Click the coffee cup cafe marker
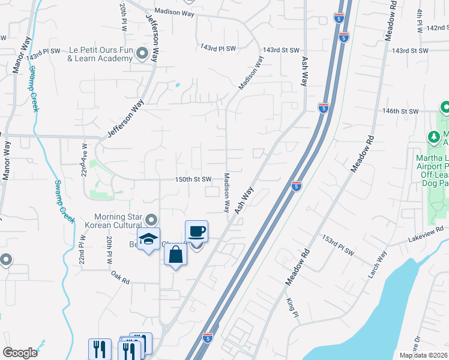click(197, 232)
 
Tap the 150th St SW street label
click(193, 179)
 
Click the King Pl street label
click(292, 307)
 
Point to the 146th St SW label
click(401, 112)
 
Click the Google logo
click(20, 353)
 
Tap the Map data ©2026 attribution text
click(423, 355)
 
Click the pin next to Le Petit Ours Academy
click(142, 54)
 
